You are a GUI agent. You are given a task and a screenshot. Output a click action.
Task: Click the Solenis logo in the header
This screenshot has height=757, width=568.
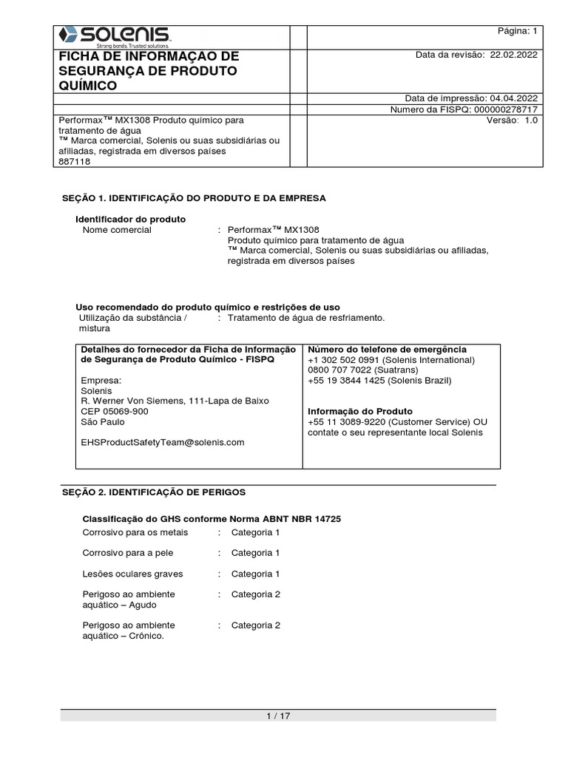tap(115, 35)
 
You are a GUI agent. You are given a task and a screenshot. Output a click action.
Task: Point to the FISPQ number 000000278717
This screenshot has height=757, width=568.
tap(502, 109)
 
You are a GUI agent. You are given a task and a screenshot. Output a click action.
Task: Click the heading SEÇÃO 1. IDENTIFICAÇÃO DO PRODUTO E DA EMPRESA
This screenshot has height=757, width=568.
tap(192, 198)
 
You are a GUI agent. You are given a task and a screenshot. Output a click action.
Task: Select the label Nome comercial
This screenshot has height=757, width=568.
tap(117, 230)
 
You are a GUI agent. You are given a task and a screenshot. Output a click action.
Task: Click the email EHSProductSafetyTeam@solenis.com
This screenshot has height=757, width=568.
tap(162, 442)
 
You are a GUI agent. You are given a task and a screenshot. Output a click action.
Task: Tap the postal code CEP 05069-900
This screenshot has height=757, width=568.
tap(114, 411)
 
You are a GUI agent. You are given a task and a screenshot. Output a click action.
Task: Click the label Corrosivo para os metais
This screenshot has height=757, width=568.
tap(135, 532)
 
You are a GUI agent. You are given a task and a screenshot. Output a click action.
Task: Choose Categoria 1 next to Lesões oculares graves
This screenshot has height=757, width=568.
tap(255, 574)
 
